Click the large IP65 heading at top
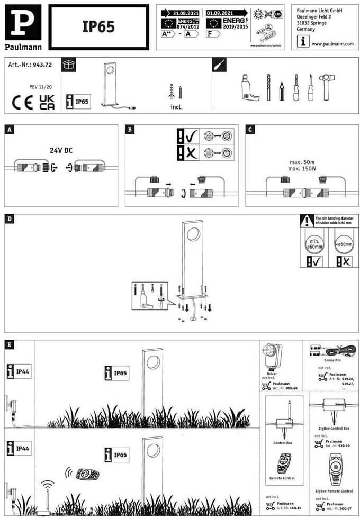[x=98, y=27]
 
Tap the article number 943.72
[x=42, y=65]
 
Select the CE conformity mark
[x=23, y=102]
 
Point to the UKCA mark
[x=47, y=102]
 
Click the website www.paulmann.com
[x=332, y=44]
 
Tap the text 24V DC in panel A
[x=61, y=150]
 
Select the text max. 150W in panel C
[x=303, y=169]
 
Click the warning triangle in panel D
[x=307, y=220]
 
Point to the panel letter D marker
[x=10, y=218]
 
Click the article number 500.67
[x=337, y=508]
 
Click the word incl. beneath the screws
[x=176, y=106]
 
